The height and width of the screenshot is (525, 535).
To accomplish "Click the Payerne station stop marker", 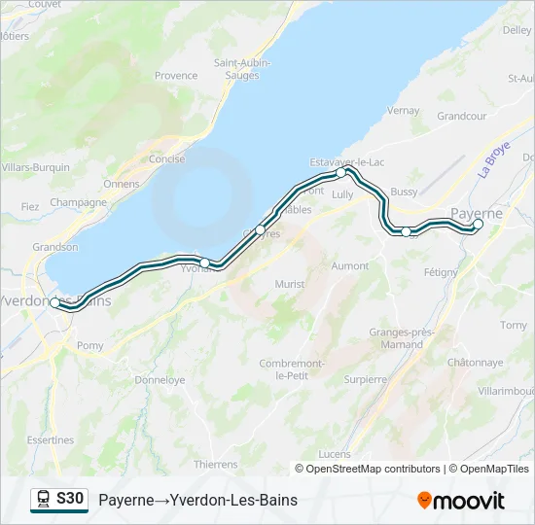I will [478, 225].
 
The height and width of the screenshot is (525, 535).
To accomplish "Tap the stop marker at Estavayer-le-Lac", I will [340, 172].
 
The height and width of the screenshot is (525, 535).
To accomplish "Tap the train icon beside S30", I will [44, 500].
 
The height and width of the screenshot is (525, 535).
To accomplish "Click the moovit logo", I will [461, 501].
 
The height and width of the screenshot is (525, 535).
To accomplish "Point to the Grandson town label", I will [54, 247].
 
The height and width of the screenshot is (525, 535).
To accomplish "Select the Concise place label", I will [166, 158].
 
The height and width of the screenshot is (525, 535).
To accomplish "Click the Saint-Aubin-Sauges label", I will [242, 68].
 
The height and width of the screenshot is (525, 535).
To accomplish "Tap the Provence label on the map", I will [176, 75].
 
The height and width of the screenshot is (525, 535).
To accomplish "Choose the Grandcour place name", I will [461, 116].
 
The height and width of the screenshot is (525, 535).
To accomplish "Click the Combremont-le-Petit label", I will [291, 368].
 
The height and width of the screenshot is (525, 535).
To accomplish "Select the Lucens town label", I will [335, 454].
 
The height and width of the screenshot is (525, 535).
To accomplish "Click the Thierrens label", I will [216, 465].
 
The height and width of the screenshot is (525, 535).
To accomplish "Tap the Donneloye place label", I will [160, 380].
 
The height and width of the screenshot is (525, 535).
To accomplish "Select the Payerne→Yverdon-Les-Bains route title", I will [197, 501].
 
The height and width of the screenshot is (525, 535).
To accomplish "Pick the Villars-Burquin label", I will [36, 167].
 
